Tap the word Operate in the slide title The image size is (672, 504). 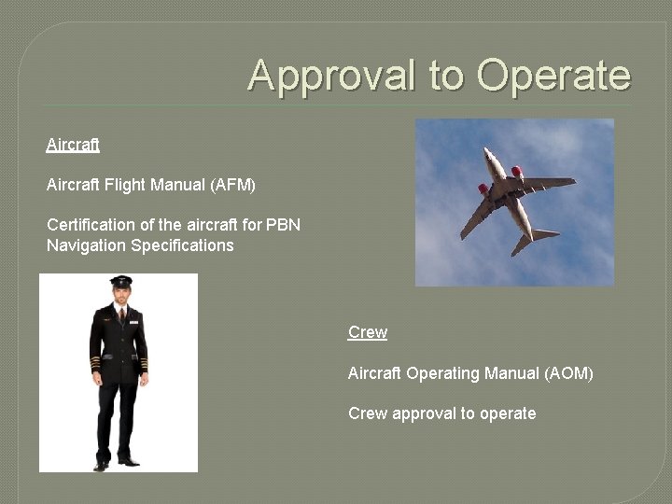[x=554, y=75]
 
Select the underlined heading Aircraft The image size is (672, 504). [x=73, y=146]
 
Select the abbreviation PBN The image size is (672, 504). [x=283, y=225]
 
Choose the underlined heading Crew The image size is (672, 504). [x=368, y=332]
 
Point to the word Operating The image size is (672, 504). [x=441, y=373]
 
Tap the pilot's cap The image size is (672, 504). [x=120, y=282]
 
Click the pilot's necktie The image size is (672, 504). [x=121, y=315]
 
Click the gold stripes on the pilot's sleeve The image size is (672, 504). [x=94, y=362]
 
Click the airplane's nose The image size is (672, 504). [x=487, y=151]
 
